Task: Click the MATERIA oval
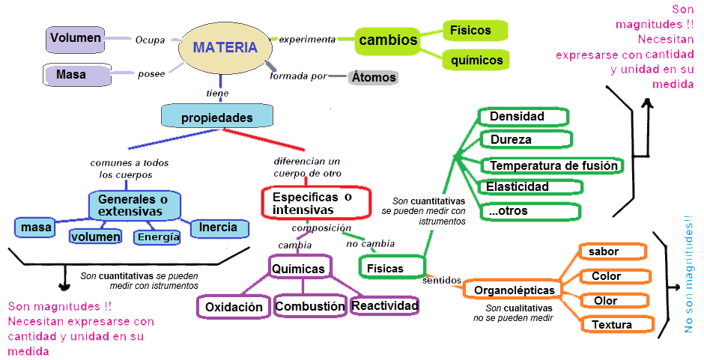point(224,47)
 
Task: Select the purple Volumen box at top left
point(75,38)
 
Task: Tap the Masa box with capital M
point(72,75)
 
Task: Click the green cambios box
point(387,40)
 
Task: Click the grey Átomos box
point(373,77)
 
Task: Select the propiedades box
point(217,118)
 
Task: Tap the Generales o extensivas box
point(134,205)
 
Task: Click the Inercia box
point(218,228)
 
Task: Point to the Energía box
point(158,237)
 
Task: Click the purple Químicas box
point(298,269)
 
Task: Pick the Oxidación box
point(234,306)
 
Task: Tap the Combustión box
point(309,306)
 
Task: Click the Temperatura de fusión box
point(553,165)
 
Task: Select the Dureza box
point(525,139)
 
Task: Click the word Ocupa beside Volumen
point(150,40)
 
